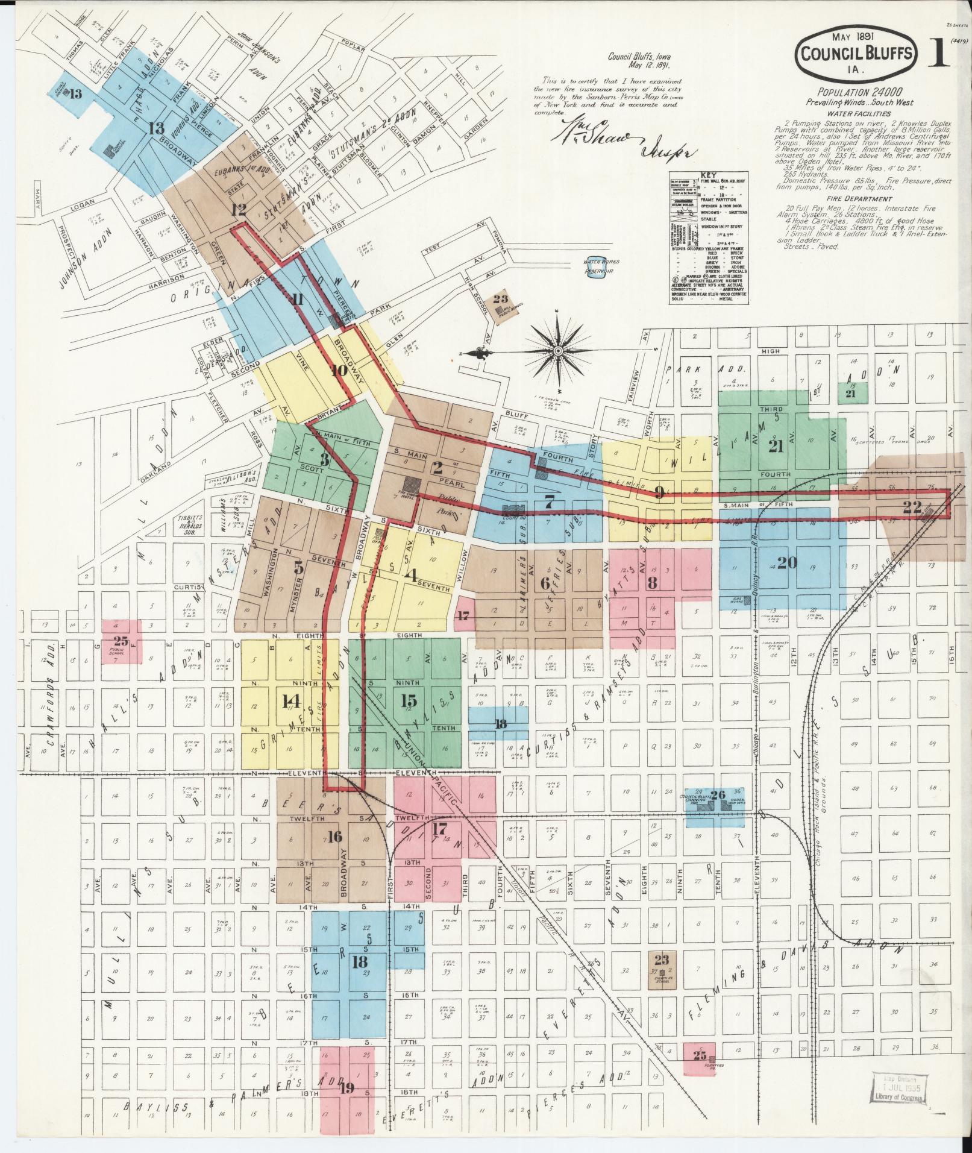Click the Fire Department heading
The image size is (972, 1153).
click(x=859, y=198)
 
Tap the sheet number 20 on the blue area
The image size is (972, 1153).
click(x=787, y=562)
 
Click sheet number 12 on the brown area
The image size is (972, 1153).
click(x=239, y=210)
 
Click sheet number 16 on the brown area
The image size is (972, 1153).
click(x=335, y=837)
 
